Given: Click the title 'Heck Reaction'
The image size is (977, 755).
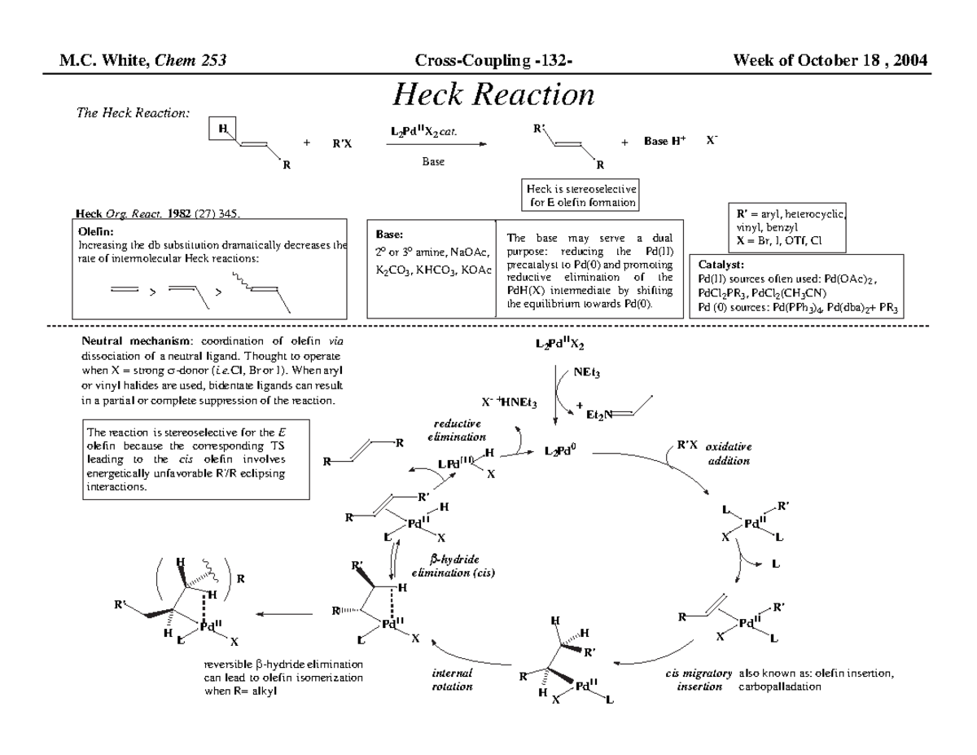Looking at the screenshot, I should (x=493, y=94).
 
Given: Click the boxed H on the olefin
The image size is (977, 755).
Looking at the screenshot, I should (x=221, y=128).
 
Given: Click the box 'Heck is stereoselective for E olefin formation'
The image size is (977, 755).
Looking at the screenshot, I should (x=581, y=195).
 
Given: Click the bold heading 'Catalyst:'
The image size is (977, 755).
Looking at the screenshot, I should (x=721, y=264).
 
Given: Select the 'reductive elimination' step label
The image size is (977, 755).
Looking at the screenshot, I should (x=457, y=429).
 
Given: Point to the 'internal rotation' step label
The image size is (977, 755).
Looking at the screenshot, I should (x=452, y=680).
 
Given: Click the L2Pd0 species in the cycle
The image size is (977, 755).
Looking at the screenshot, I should (x=561, y=450).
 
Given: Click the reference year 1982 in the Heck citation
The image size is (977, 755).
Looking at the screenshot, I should (x=176, y=214).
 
